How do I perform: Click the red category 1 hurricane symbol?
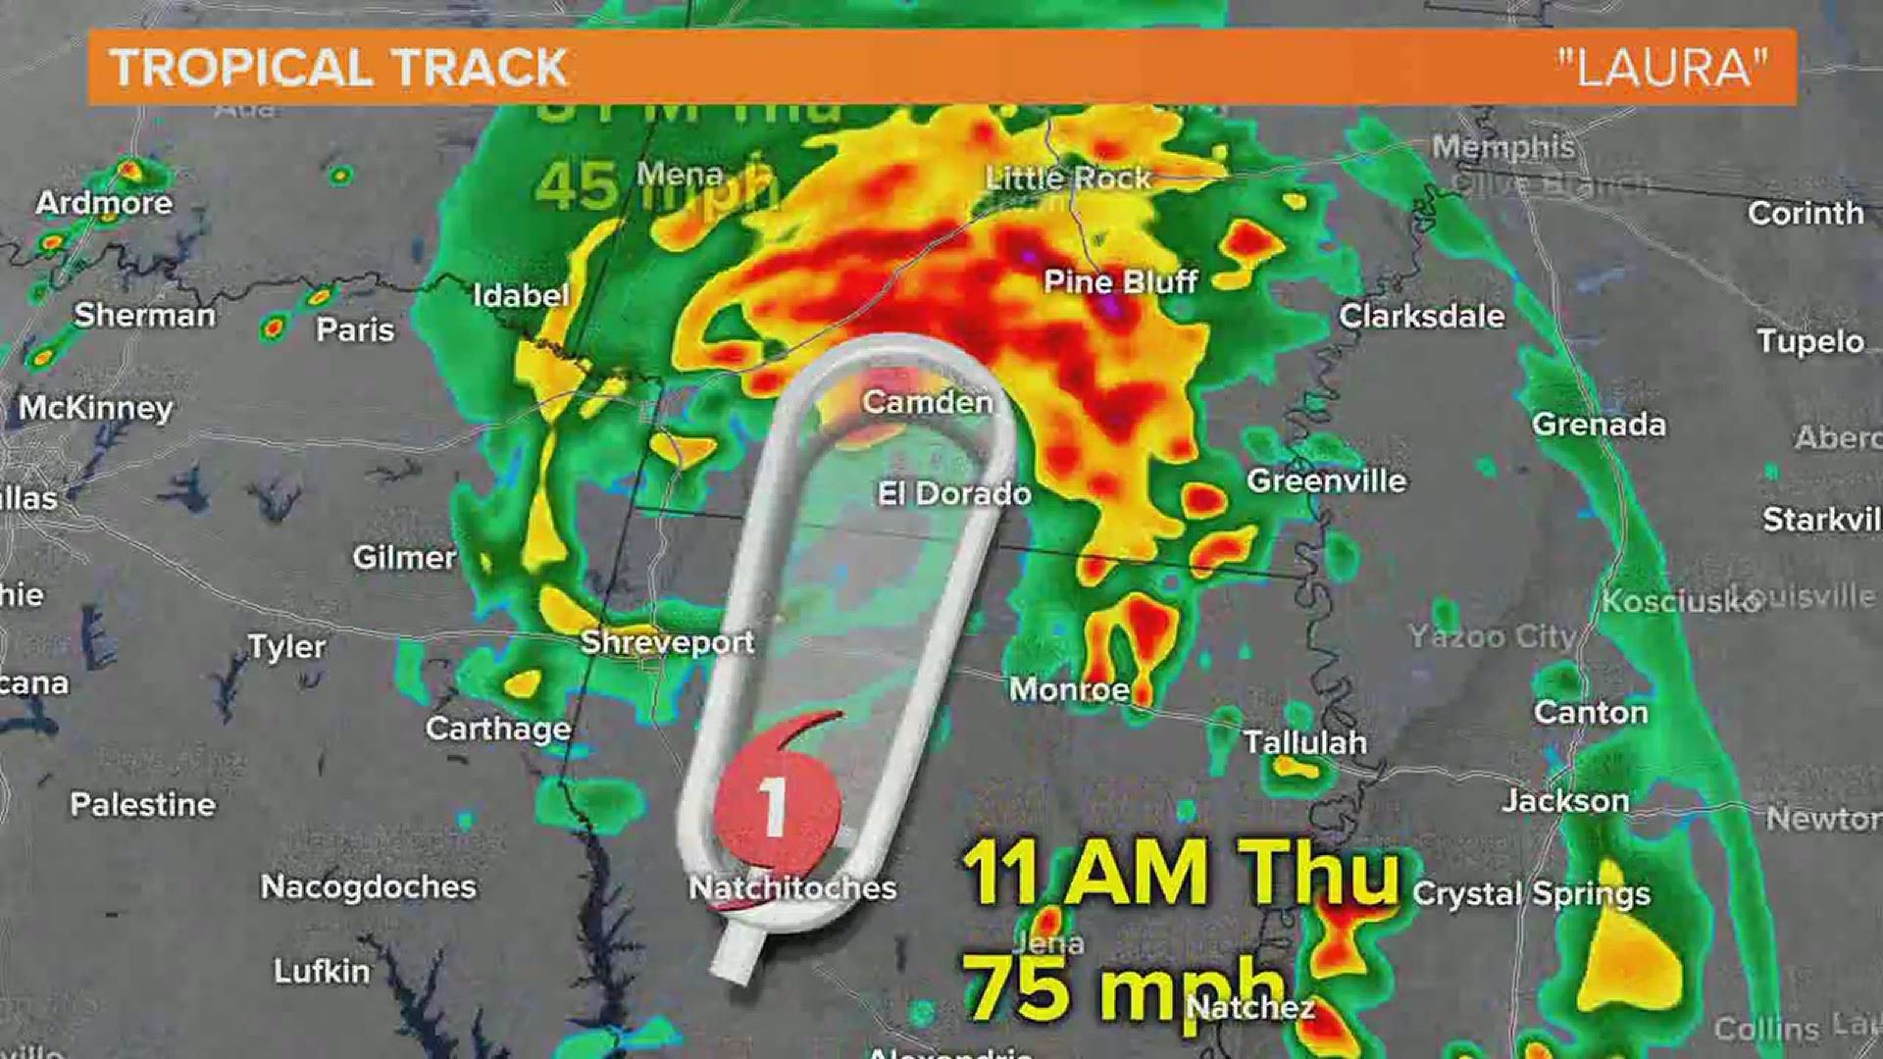click(x=777, y=806)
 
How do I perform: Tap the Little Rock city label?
click(x=1067, y=177)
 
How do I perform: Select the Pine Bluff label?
click(x=1120, y=282)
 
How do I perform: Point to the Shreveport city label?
click(x=667, y=642)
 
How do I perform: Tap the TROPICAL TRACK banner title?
click(x=338, y=68)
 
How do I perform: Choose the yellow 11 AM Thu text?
click(x=1181, y=873)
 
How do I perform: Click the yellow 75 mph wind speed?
click(x=1123, y=985)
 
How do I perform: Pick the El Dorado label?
click(x=953, y=493)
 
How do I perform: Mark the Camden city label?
click(x=927, y=402)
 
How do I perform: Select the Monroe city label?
click(x=1069, y=689)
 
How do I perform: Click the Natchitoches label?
click(x=792, y=888)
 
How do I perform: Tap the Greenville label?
click(x=1326, y=480)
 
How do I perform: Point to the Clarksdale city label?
click(x=1421, y=316)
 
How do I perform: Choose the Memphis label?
click(x=1502, y=147)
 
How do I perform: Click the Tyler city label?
click(x=286, y=646)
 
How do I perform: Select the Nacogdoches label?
click(x=368, y=886)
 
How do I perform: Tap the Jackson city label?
click(x=1565, y=801)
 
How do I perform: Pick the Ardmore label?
click(x=104, y=203)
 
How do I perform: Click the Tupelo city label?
click(x=1809, y=341)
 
